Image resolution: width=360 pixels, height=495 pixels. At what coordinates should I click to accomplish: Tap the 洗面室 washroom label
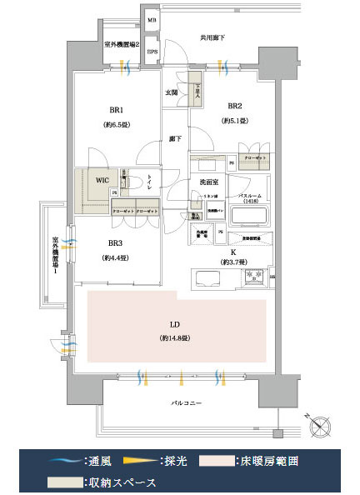[x=208, y=181]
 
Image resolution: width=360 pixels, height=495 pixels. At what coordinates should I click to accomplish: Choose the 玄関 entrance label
[x=171, y=92]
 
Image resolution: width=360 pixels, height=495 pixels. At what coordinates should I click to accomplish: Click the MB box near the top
[x=152, y=18]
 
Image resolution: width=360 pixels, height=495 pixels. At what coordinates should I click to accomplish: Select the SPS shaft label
[x=152, y=51]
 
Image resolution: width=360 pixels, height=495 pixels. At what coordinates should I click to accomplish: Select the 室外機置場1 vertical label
[x=55, y=256]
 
